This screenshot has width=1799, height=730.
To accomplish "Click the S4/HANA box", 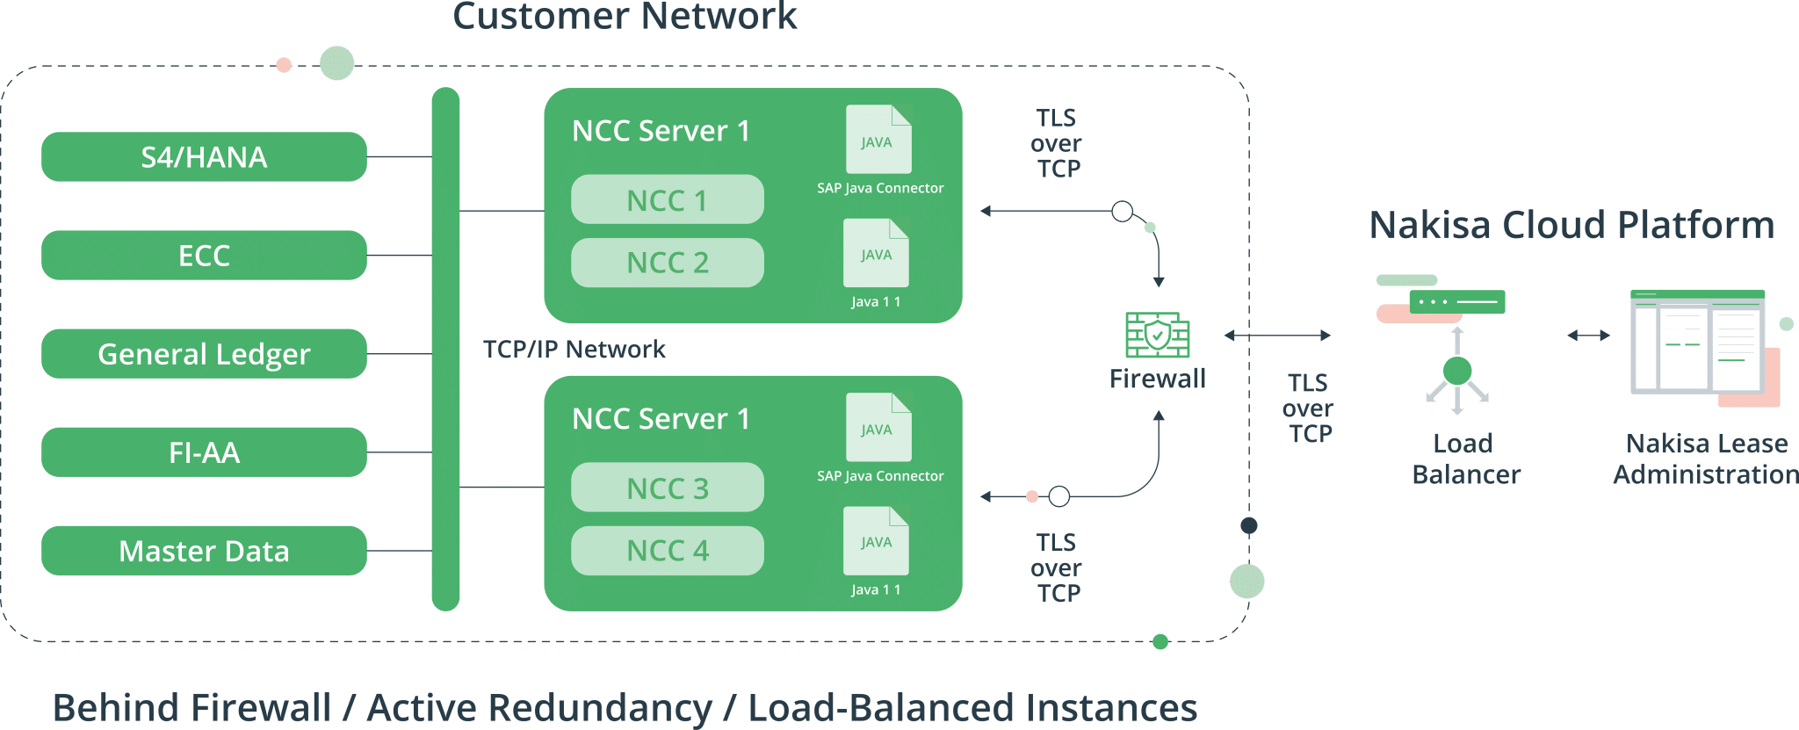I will pyautogui.click(x=204, y=157).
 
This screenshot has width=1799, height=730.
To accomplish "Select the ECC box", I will pyautogui.click(x=204, y=256).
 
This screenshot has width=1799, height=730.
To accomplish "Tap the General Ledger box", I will pyautogui.click(x=204, y=354).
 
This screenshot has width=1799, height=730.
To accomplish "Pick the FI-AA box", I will pyautogui.click(x=204, y=452).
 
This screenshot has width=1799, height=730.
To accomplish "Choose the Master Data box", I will pyautogui.click(x=204, y=551).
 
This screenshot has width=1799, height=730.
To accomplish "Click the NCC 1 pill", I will pyautogui.click(x=667, y=200).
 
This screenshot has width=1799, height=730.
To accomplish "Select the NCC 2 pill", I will pyautogui.click(x=667, y=263).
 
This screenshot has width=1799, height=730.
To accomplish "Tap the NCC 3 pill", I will pyautogui.click(x=667, y=488).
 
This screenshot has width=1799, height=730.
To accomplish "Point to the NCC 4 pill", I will pyautogui.click(x=667, y=551).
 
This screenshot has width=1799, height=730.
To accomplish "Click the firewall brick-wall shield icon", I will pyautogui.click(x=1158, y=335).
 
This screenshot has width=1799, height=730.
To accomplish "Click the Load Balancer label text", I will pyautogui.click(x=1464, y=459).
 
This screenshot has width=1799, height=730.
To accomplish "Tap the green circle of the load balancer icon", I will pyautogui.click(x=1457, y=371).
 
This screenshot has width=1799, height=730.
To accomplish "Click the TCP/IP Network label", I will pyautogui.click(x=574, y=350).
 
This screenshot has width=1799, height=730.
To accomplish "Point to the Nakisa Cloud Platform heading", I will pyautogui.click(x=1571, y=225).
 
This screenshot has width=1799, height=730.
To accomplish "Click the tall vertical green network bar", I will pyautogui.click(x=445, y=349).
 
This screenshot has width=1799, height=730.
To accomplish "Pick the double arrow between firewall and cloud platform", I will pyautogui.click(x=1277, y=335).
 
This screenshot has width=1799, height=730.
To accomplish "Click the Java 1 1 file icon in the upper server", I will pyautogui.click(x=876, y=254).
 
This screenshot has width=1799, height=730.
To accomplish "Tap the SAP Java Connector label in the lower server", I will pyautogui.click(x=880, y=476).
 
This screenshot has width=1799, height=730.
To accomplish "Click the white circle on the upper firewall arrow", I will pyautogui.click(x=1122, y=211).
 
